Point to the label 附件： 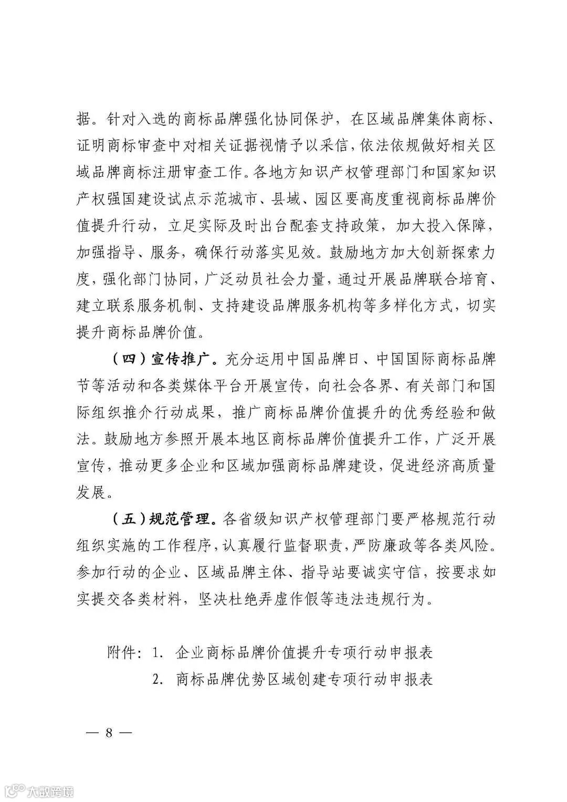[x=124, y=653]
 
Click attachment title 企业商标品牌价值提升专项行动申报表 [x=304, y=653]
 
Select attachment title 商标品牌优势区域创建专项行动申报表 [x=304, y=679]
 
